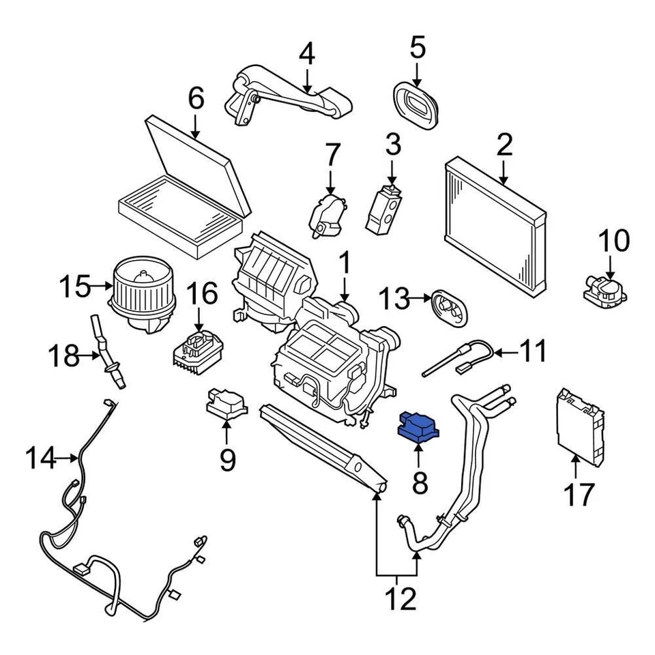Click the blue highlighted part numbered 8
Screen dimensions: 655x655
(x=418, y=428)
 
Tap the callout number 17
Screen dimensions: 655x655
(x=579, y=493)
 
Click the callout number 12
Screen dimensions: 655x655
(x=398, y=599)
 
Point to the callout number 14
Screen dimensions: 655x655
(x=40, y=458)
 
